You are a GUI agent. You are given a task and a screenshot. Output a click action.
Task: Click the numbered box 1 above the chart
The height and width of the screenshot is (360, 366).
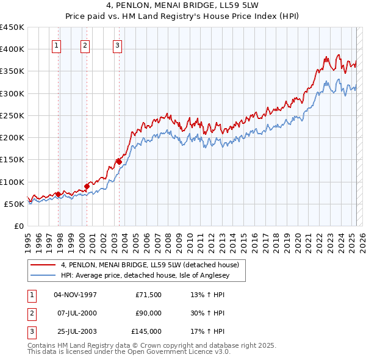pyautogui.click(x=56, y=45)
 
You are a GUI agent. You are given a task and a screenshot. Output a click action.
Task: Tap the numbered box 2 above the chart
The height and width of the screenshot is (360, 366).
pyautogui.click(x=85, y=45)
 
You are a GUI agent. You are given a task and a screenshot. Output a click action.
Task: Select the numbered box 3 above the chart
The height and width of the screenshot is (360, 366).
pyautogui.click(x=117, y=45)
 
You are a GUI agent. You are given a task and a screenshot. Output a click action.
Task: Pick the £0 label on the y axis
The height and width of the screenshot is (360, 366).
pyautogui.click(x=19, y=226)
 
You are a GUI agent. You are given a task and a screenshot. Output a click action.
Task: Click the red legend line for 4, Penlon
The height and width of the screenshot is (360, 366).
pyautogui.click(x=43, y=265)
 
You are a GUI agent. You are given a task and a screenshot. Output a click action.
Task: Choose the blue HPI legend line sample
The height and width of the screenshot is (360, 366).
pyautogui.click(x=43, y=275)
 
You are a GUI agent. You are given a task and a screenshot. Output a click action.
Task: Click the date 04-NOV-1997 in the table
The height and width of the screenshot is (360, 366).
pyautogui.click(x=76, y=294)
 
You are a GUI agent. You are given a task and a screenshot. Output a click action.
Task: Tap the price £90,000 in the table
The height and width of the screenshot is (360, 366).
pyautogui.click(x=148, y=313)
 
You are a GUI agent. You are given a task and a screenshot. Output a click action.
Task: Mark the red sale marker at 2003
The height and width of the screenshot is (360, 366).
pyautogui.click(x=119, y=162)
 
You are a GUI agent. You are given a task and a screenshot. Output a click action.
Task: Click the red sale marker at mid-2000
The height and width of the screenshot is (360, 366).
pyautogui.click(x=87, y=186)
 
